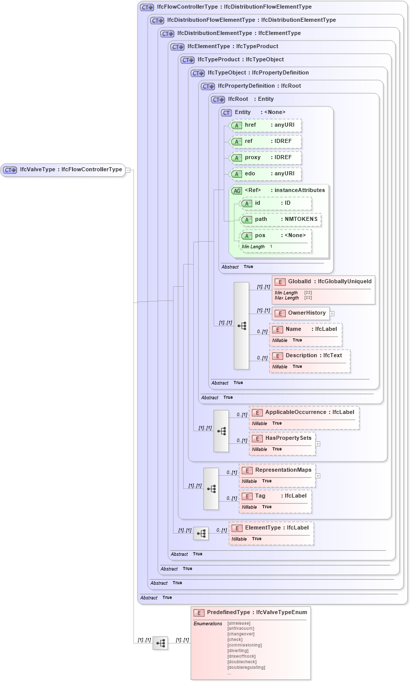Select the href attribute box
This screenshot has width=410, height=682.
[266, 125]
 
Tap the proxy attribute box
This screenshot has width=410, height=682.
[266, 158]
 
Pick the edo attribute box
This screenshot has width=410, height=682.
[266, 174]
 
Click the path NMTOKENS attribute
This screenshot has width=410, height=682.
[281, 219]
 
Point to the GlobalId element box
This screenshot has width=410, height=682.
[323, 282]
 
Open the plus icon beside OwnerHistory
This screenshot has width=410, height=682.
[332, 314]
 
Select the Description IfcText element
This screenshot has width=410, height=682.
[310, 356]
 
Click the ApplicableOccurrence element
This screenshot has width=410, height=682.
[304, 412]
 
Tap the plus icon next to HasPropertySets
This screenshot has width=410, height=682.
[318, 444]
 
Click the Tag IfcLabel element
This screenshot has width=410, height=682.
[276, 496]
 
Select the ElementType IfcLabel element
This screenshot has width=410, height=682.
[271, 528]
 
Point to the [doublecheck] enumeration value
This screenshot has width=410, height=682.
[242, 662]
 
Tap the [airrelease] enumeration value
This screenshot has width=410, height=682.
[241, 623]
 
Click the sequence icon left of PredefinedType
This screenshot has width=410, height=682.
[160, 643]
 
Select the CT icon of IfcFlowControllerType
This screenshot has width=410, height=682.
[147, 8]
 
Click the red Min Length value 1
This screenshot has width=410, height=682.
[271, 246]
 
